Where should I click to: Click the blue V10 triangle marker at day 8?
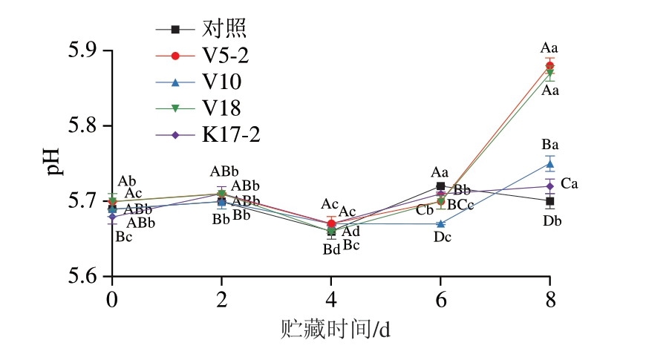[549, 163]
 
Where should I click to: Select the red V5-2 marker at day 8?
[549, 65]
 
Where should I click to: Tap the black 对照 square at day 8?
[549, 201]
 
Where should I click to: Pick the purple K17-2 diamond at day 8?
[549, 186]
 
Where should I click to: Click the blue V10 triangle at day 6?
[440, 223]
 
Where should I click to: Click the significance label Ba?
[549, 145]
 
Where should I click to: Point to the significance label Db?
[552, 220]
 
